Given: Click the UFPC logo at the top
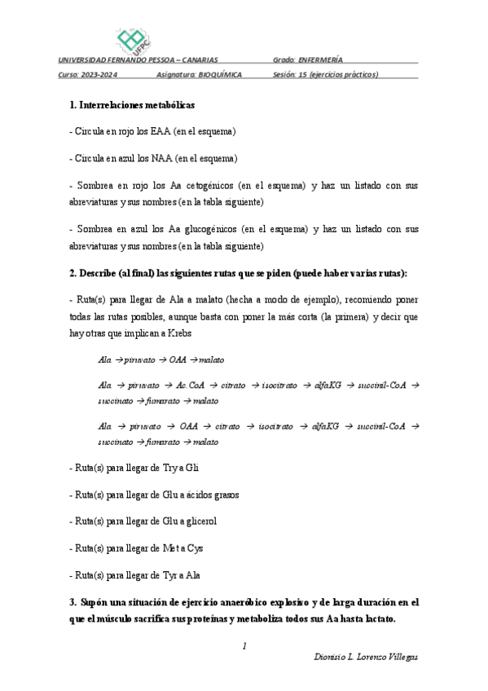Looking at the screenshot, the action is point(134,37).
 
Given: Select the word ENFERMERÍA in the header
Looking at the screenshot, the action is point(320,59).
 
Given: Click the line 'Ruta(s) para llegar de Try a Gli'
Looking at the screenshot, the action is point(136,468).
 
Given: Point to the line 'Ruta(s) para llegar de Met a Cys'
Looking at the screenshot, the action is point(137,548).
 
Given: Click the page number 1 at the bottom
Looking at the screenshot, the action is point(244,645).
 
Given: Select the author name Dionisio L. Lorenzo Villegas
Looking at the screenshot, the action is point(366,657).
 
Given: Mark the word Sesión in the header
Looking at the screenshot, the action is point(286,74).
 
